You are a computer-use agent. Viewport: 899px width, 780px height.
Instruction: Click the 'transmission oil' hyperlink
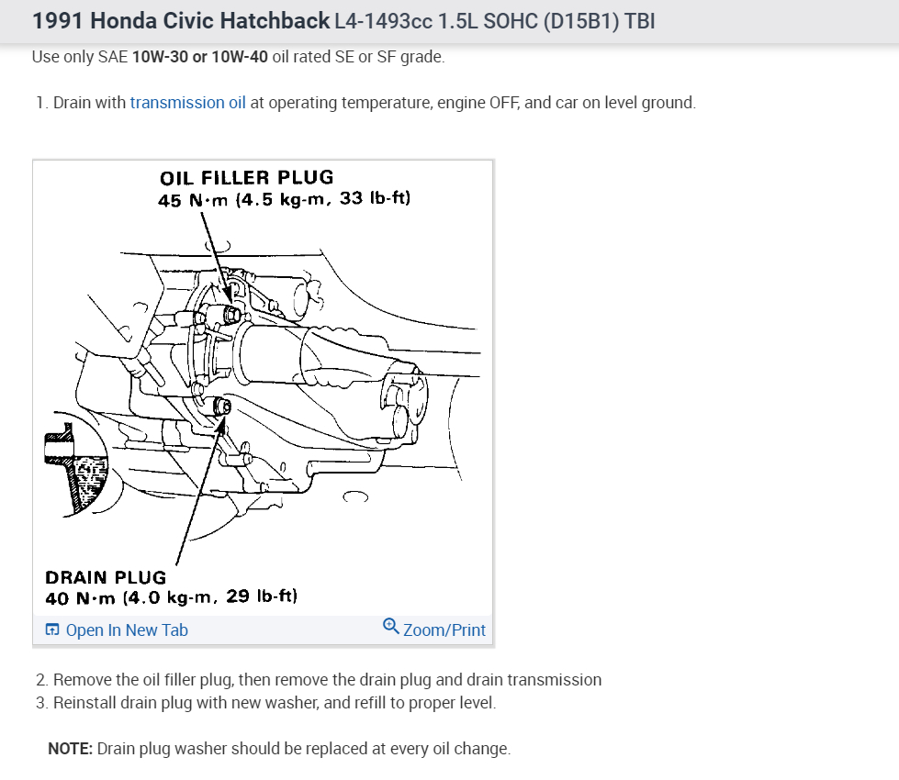[187, 103]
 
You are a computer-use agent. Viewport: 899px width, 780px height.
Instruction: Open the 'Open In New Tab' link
[126, 630]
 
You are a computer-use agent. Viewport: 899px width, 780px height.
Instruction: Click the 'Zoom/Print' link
[444, 630]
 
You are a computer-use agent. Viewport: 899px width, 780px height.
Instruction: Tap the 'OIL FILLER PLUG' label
[246, 177]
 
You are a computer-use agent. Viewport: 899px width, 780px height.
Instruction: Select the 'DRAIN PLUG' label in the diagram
[106, 577]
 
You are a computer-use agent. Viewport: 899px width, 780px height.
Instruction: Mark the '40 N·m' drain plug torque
[82, 597]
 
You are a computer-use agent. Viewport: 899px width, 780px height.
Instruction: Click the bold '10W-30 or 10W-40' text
[200, 57]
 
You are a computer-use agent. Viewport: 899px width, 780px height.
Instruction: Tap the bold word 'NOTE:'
[70, 749]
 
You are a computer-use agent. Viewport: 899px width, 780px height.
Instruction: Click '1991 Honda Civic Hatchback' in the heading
[181, 20]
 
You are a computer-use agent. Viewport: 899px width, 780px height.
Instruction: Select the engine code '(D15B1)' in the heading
[582, 20]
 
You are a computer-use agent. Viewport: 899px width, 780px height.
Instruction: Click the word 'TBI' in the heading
[640, 20]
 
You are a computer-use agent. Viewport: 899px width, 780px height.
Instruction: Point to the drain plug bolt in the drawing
[220, 407]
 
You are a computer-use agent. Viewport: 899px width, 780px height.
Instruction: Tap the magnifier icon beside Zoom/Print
[390, 628]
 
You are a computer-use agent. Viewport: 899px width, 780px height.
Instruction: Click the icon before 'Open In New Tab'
[52, 630]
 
